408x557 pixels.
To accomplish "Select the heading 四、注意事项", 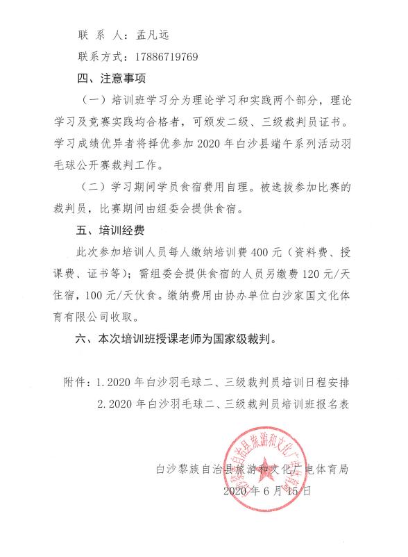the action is [x=110, y=78].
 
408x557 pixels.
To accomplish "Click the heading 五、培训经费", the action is [x=110, y=232].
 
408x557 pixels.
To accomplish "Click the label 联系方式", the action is [x=96, y=56].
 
